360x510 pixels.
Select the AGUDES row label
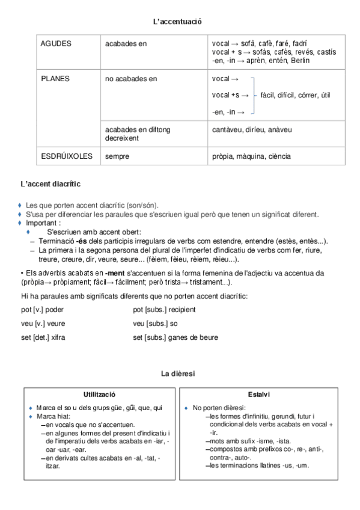[56, 44]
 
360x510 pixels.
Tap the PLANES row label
[55, 78]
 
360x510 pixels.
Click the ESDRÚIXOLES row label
[67, 156]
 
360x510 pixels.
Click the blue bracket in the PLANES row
[254, 95]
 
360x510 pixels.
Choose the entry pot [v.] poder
[44, 309]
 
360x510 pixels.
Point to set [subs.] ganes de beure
[175, 337]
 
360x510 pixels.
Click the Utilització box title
[99, 394]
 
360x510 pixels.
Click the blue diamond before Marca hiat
[31, 416]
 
